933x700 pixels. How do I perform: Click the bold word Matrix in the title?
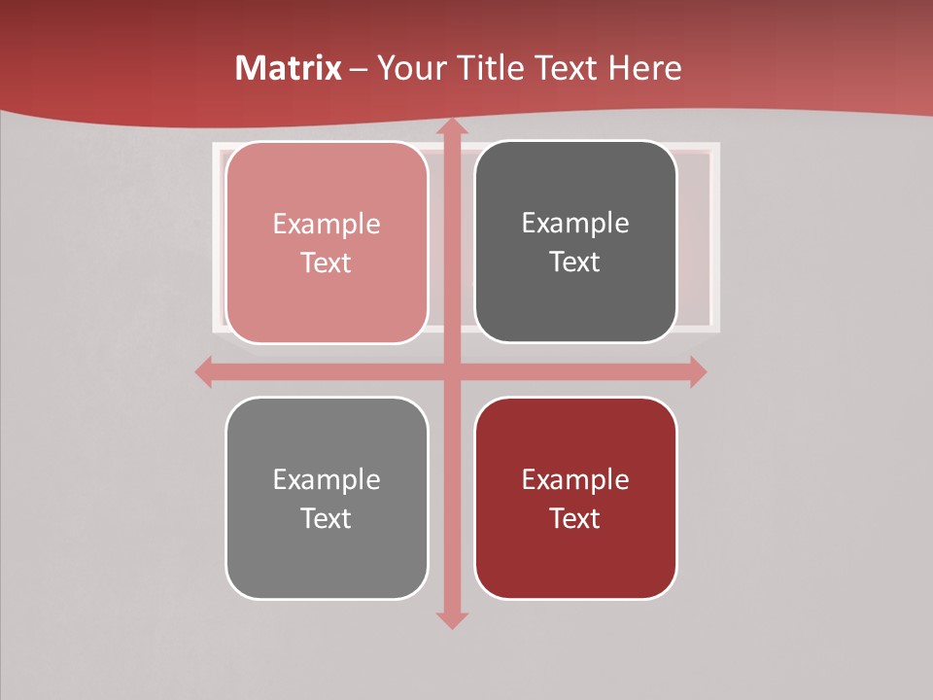pyautogui.click(x=289, y=68)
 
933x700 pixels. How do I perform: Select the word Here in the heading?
pyautogui.click(x=646, y=68)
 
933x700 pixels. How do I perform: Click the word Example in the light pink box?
pyautogui.click(x=327, y=225)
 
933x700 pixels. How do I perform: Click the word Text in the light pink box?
pyautogui.click(x=327, y=263)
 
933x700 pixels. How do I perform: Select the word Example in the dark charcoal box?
pyautogui.click(x=575, y=224)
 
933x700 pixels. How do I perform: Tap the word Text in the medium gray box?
pyautogui.click(x=327, y=518)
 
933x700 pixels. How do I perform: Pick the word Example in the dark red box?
pyautogui.click(x=575, y=479)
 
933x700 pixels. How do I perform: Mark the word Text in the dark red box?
pyautogui.click(x=575, y=518)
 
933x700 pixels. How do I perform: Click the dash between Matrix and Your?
pyautogui.click(x=359, y=69)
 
